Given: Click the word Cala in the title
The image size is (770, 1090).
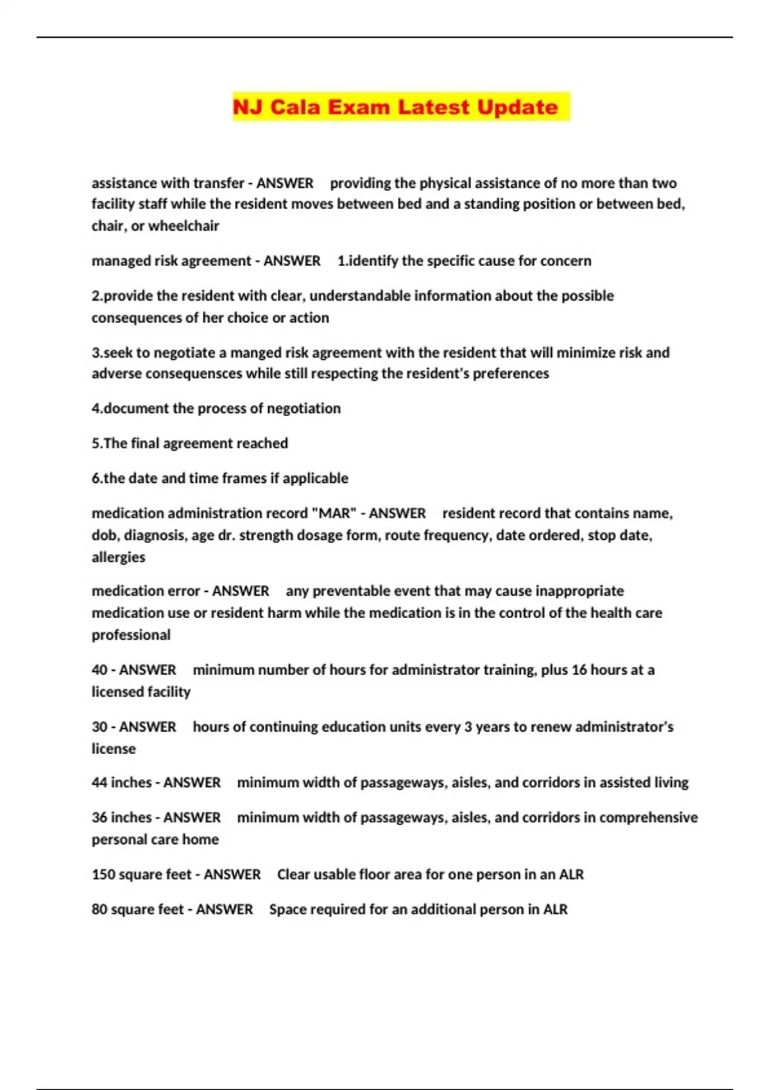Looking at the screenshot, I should point(295,106).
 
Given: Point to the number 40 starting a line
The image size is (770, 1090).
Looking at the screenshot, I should point(99,670).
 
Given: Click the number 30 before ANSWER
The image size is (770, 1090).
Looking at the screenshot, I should point(99,727).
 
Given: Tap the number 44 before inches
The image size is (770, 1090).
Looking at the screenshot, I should point(99,783).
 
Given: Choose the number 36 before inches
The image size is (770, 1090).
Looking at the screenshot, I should point(99,818).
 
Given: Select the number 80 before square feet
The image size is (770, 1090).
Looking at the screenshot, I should point(99,910).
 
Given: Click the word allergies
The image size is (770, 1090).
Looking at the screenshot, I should point(118,557).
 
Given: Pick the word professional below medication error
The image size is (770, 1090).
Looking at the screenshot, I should point(131,635).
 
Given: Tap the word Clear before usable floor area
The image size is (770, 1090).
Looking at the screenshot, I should point(293,875).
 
